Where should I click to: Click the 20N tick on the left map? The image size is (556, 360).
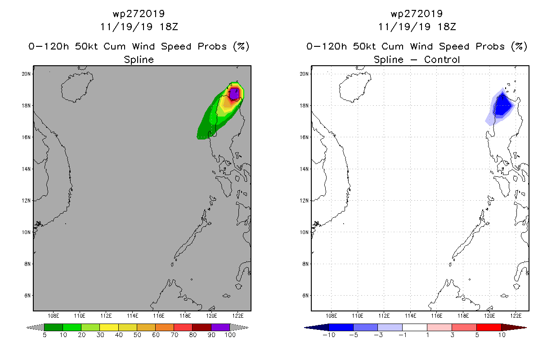pos(26,74)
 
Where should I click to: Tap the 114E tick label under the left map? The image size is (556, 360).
pos(132,316)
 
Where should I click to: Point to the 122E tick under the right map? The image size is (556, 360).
pos(516,316)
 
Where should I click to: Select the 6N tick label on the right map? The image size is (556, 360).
pos(305,296)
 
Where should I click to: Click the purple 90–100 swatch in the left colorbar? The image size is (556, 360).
pos(220,327)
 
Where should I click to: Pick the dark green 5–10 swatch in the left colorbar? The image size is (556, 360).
pos(54,327)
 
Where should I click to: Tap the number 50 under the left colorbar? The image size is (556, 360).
pos(137,335)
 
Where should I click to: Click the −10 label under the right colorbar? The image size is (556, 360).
pos(329,335)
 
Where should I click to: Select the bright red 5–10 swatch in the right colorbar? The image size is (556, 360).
pos(489,327)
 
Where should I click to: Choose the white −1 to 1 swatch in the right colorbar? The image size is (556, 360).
pos(415,327)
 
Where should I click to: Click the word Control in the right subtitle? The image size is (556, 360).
pos(442,59)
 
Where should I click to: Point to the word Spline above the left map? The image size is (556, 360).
pos(139,60)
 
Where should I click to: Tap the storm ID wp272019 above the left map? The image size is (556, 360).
pos(139,13)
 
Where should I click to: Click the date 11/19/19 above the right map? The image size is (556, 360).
pos(404,27)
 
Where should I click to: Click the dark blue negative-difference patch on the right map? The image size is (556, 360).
pos(502,105)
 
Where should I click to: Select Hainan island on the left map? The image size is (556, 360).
pos(77,87)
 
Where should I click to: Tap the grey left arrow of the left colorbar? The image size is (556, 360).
pos(35,327)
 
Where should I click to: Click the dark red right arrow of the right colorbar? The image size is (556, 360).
pos(514,327)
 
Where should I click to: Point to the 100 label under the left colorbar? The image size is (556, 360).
pos(230,335)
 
